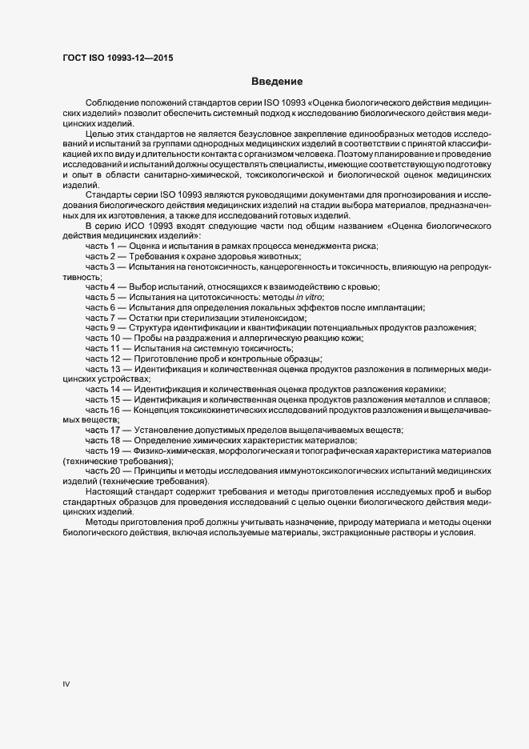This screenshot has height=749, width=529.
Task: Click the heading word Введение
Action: coord(277,82)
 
